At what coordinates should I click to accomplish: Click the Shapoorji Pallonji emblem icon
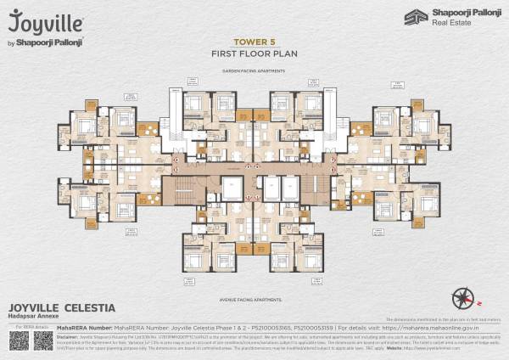coord(413,18)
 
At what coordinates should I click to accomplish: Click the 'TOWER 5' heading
coord(254,41)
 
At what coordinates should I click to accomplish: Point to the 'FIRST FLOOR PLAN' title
coord(254,53)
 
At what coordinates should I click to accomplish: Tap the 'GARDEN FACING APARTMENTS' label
coord(254,72)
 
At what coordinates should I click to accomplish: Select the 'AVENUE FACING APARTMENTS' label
coord(254,299)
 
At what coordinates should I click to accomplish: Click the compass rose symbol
coord(462,298)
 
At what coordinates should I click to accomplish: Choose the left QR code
coord(20,340)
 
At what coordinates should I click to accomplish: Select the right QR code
coord(43,340)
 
